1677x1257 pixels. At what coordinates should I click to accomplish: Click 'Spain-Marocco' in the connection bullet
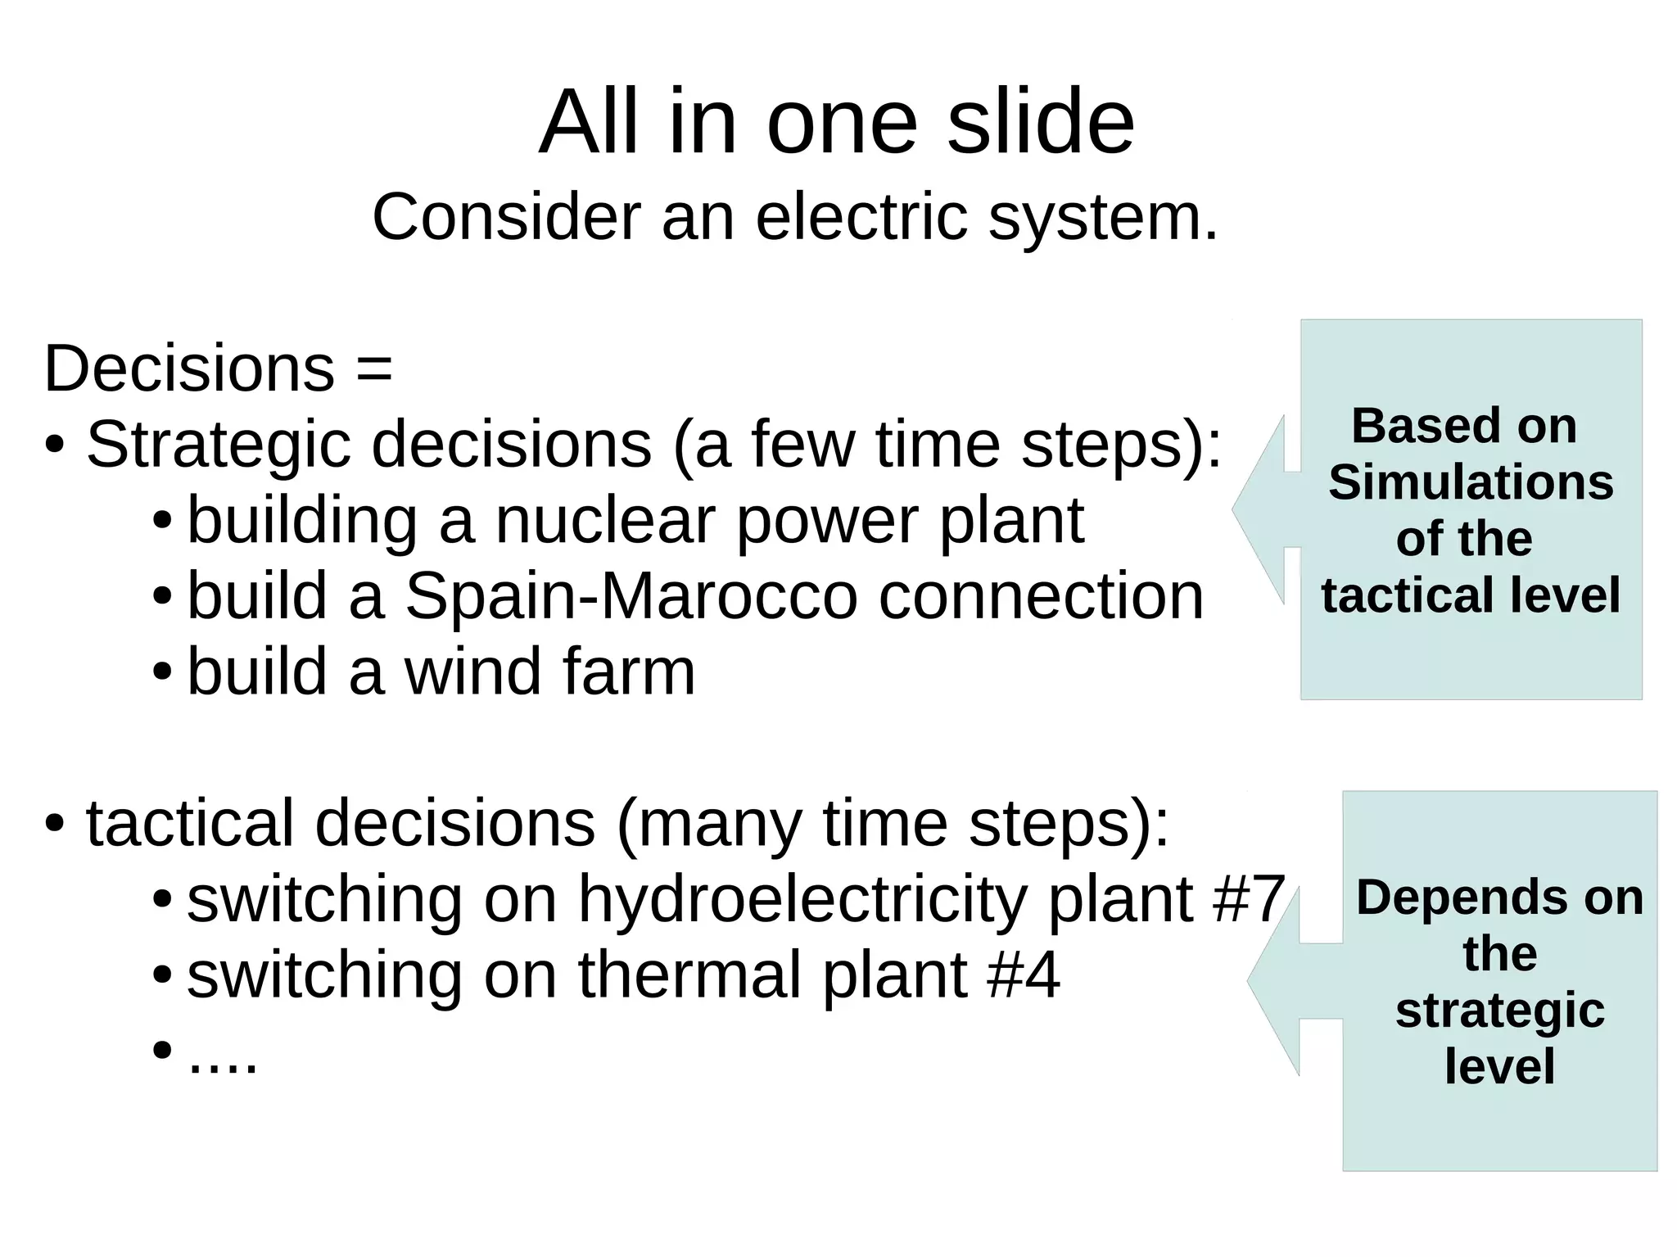(631, 596)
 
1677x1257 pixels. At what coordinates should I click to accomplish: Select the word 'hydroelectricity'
(802, 899)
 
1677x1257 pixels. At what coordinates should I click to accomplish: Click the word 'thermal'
(689, 974)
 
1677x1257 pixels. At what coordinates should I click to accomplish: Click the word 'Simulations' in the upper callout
(1471, 482)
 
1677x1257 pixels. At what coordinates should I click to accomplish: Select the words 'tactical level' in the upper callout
(1471, 595)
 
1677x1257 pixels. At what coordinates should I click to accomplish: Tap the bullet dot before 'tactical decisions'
(55, 823)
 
